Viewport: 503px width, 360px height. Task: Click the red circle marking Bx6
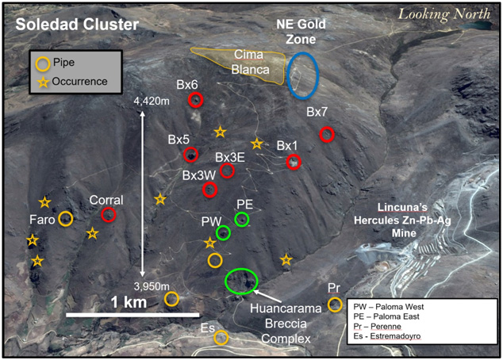[196, 99]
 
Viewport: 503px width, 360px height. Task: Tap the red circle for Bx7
[327, 134]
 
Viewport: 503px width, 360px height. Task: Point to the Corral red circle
[109, 214]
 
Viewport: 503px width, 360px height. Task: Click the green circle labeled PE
[242, 218]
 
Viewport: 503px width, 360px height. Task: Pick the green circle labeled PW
[223, 232]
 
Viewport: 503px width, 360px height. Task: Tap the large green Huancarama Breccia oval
[241, 280]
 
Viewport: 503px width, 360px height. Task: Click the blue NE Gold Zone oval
[303, 76]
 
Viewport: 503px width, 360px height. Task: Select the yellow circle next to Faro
[66, 218]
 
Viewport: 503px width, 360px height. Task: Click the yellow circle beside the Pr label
[335, 304]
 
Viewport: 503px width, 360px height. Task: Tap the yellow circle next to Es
[221, 338]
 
